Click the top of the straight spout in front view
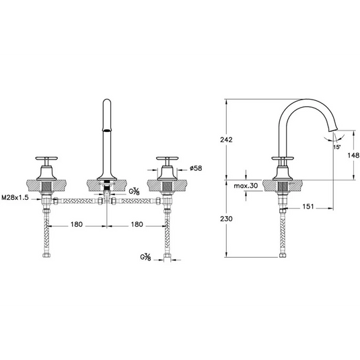coord(106,104)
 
